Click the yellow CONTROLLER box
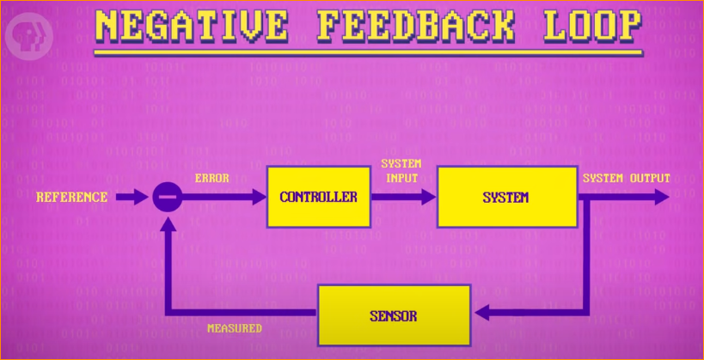point(318,197)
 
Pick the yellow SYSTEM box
point(505,197)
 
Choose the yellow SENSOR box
point(394,315)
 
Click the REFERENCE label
point(71,197)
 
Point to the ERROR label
point(211,179)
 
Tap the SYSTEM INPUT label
point(401,170)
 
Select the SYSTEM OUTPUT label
point(626,178)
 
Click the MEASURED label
point(234,328)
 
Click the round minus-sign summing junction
point(167,198)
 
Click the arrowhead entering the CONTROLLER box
point(259,198)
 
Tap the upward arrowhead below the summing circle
point(167,223)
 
